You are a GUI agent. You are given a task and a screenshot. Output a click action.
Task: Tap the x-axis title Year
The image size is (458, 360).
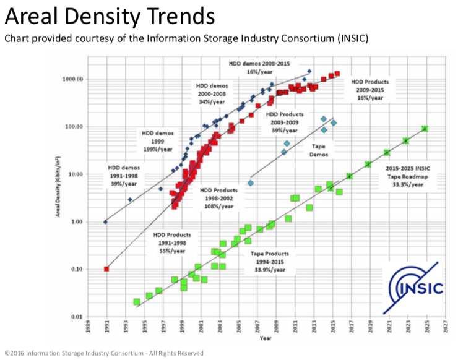click(266, 338)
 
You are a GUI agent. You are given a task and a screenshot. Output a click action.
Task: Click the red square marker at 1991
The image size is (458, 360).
click(106, 269)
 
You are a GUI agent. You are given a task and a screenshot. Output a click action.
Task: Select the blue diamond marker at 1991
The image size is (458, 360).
click(106, 221)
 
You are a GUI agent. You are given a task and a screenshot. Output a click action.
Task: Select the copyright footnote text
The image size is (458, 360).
click(103, 353)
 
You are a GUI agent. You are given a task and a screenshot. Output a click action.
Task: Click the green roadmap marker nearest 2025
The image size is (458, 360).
click(425, 129)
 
